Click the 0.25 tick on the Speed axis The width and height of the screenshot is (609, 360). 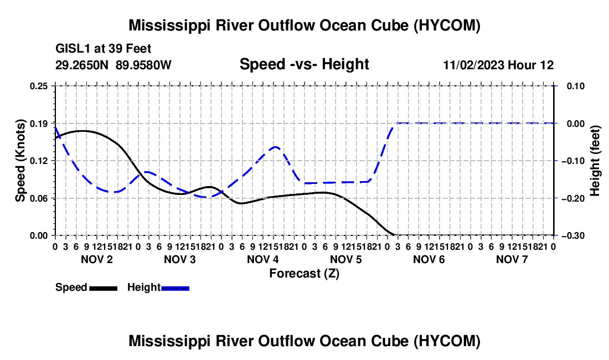(39, 86)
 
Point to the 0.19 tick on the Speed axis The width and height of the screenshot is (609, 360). (39, 124)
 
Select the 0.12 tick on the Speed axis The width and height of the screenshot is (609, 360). (39, 161)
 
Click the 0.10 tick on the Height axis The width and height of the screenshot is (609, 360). (576, 86)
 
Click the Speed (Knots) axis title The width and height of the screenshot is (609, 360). (20, 161)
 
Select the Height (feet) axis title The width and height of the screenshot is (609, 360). (595, 161)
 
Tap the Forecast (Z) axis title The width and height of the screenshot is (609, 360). (304, 274)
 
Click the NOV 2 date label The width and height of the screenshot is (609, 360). (97, 259)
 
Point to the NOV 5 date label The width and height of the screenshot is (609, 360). (345, 259)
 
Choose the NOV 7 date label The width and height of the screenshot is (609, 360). (512, 259)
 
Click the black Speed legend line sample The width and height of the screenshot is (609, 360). (104, 288)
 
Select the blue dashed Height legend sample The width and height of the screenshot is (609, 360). (175, 288)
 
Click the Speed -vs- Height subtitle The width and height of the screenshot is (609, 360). (304, 64)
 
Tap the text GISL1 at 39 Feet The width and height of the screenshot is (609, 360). (104, 49)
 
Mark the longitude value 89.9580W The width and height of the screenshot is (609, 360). (143, 65)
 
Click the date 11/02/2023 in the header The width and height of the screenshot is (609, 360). (474, 65)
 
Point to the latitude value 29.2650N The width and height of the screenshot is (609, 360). (82, 65)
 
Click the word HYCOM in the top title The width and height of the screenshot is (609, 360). (447, 25)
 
